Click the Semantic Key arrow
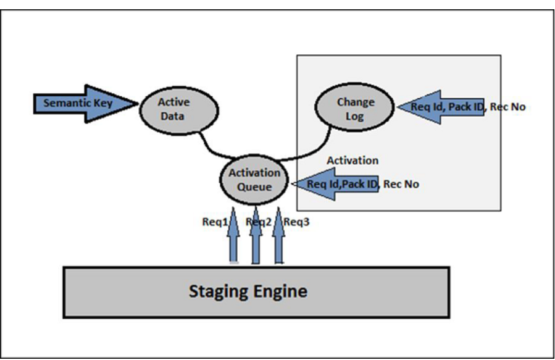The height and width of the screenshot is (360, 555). click(x=83, y=103)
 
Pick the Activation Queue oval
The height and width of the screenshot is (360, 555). click(x=254, y=178)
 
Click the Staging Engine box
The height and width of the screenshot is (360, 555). click(x=256, y=292)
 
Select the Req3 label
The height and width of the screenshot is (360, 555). click(x=297, y=222)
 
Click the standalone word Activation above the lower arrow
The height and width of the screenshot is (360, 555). click(x=352, y=161)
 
